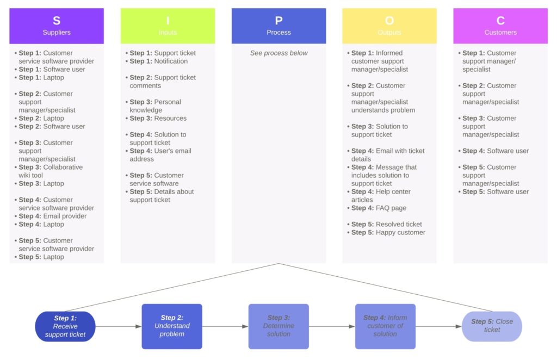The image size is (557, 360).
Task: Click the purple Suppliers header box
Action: coord(57,26)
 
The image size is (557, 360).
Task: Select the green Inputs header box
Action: coord(168,26)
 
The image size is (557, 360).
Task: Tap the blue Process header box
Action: coord(278,26)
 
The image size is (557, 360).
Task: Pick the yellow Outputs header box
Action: coord(389,26)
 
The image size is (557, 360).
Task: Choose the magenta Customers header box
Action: coord(500,26)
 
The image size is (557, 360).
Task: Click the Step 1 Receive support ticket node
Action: coord(65,326)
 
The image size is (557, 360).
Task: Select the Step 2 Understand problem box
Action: coord(172,326)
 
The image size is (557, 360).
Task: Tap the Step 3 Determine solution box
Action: coord(278,326)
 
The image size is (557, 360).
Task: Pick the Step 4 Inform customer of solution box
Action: coord(385,326)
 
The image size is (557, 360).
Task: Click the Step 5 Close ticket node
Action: coord(492,326)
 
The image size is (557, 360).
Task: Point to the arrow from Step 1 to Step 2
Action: coord(119,327)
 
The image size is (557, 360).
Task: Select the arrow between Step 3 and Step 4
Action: coord(332,327)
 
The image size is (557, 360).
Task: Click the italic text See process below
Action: coord(278,53)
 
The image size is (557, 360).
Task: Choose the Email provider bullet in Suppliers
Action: coord(52,216)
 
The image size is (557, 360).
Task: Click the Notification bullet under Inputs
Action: coord(159,61)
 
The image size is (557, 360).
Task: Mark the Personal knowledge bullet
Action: coord(155,106)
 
